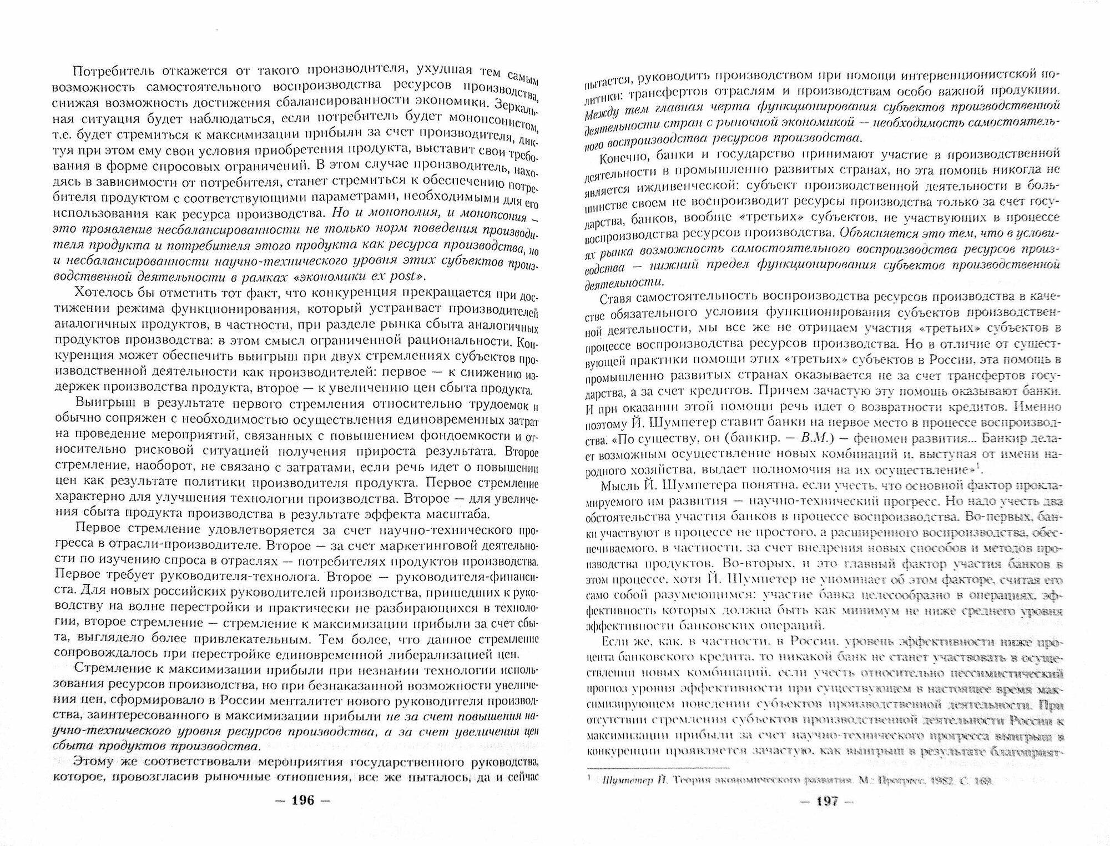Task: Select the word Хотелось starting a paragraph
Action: pyautogui.click(x=105, y=293)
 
